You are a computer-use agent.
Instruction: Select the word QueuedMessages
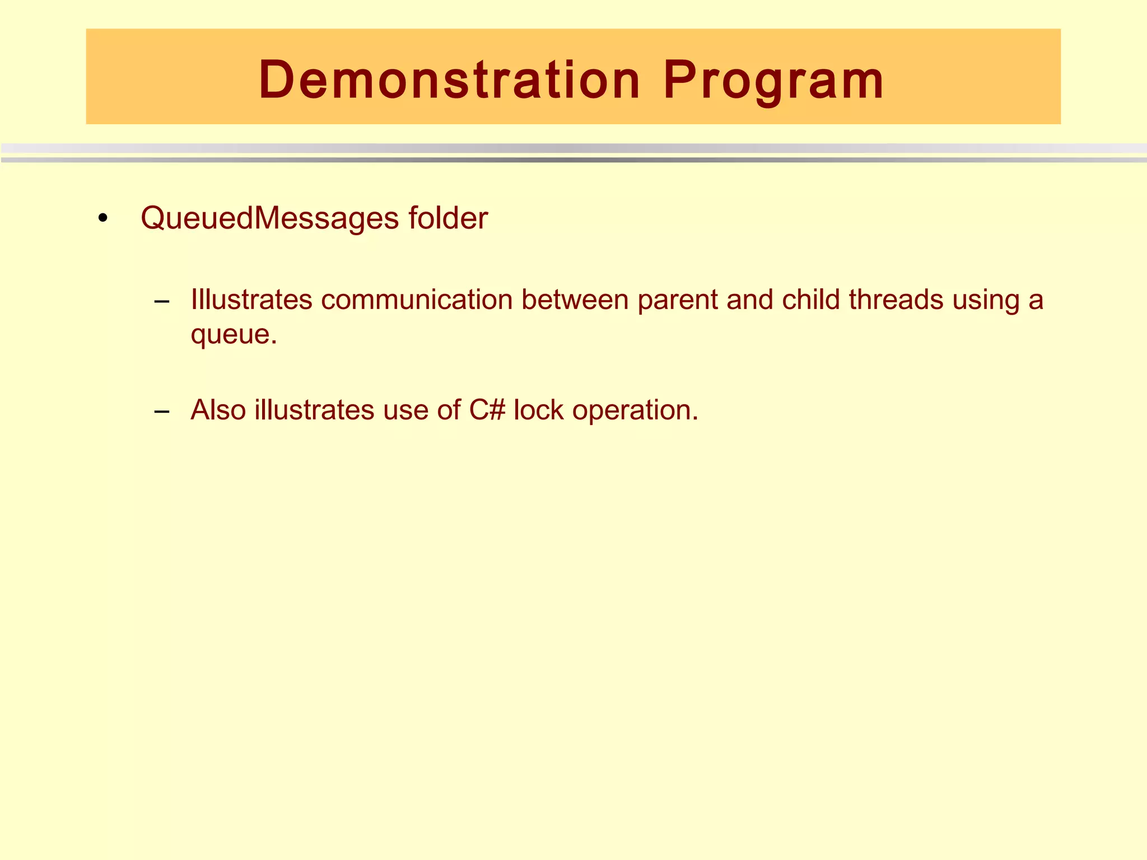tap(269, 218)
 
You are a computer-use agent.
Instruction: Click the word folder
tap(448, 218)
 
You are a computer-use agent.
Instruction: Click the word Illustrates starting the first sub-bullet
tap(251, 300)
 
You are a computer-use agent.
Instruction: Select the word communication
tap(417, 300)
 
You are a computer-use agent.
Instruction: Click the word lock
tap(538, 410)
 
